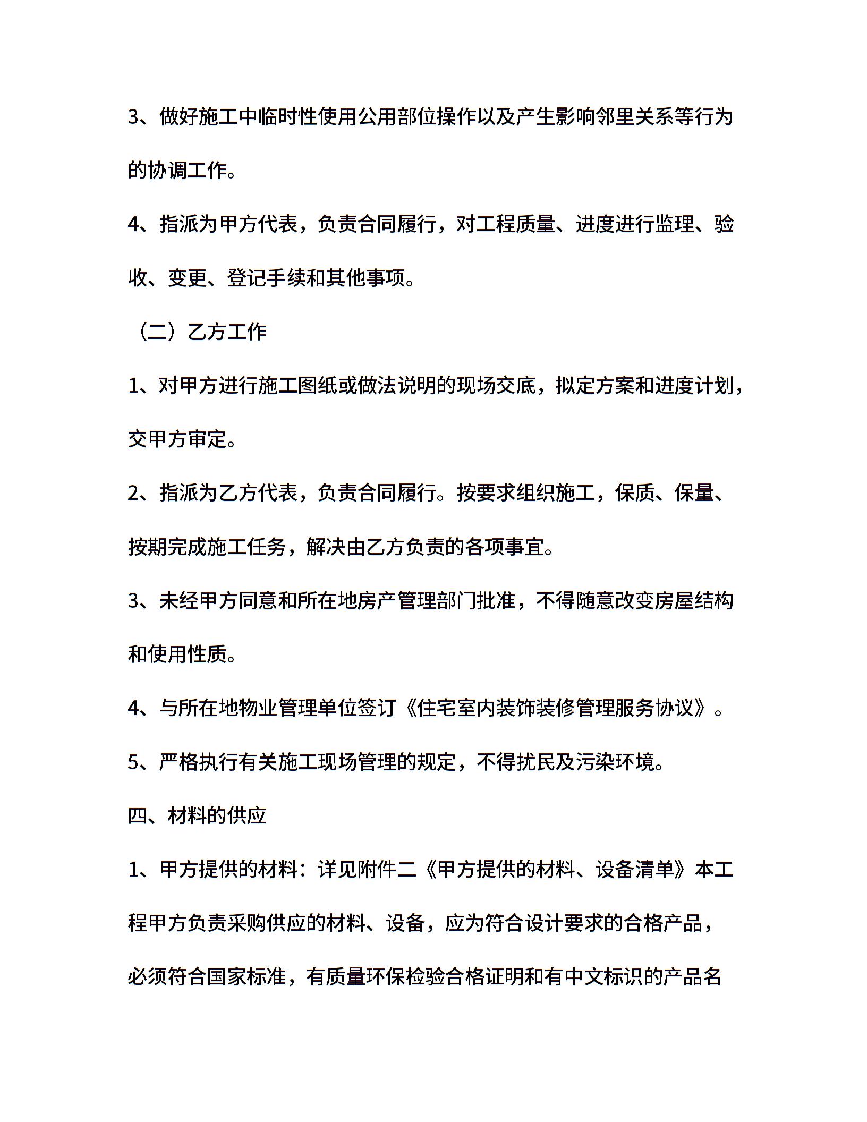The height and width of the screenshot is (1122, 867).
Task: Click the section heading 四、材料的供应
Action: coord(197,815)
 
